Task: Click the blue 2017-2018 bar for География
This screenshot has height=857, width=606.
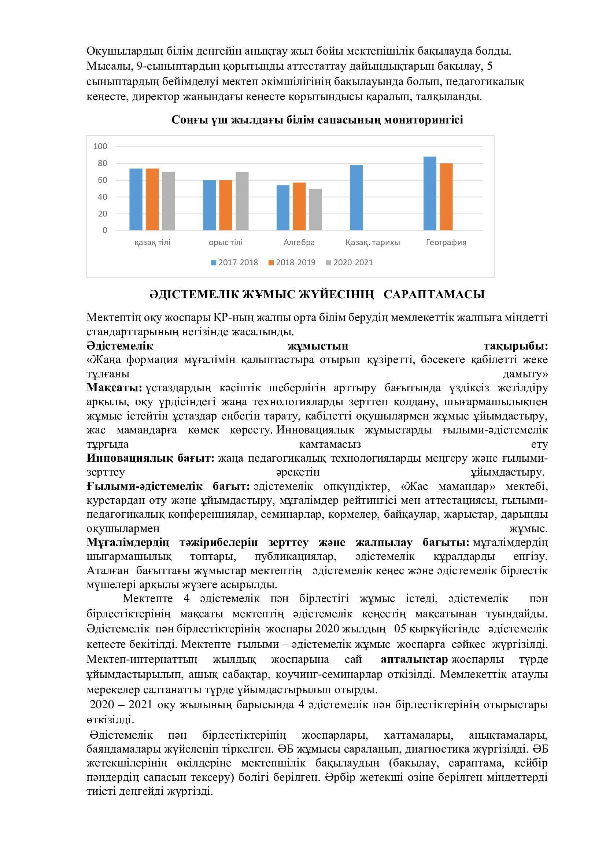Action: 430,193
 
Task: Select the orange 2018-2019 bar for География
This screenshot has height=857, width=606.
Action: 446,197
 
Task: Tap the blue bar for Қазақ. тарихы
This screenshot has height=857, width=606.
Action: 356,197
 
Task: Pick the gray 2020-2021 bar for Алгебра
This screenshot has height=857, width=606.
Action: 315,210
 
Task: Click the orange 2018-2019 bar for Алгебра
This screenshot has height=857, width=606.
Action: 299,206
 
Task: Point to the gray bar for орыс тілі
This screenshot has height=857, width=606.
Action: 242,201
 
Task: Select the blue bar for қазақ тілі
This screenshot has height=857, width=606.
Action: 136,199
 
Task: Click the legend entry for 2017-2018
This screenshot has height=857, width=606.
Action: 234,262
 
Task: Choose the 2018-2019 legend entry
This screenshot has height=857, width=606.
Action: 292,262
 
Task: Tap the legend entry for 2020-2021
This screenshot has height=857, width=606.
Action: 349,262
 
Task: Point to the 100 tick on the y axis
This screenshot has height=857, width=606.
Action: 100,146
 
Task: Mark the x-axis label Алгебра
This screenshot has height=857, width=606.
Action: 299,243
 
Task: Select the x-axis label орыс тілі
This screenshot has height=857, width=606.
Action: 226,243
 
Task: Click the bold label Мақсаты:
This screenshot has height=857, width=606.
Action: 114,388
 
